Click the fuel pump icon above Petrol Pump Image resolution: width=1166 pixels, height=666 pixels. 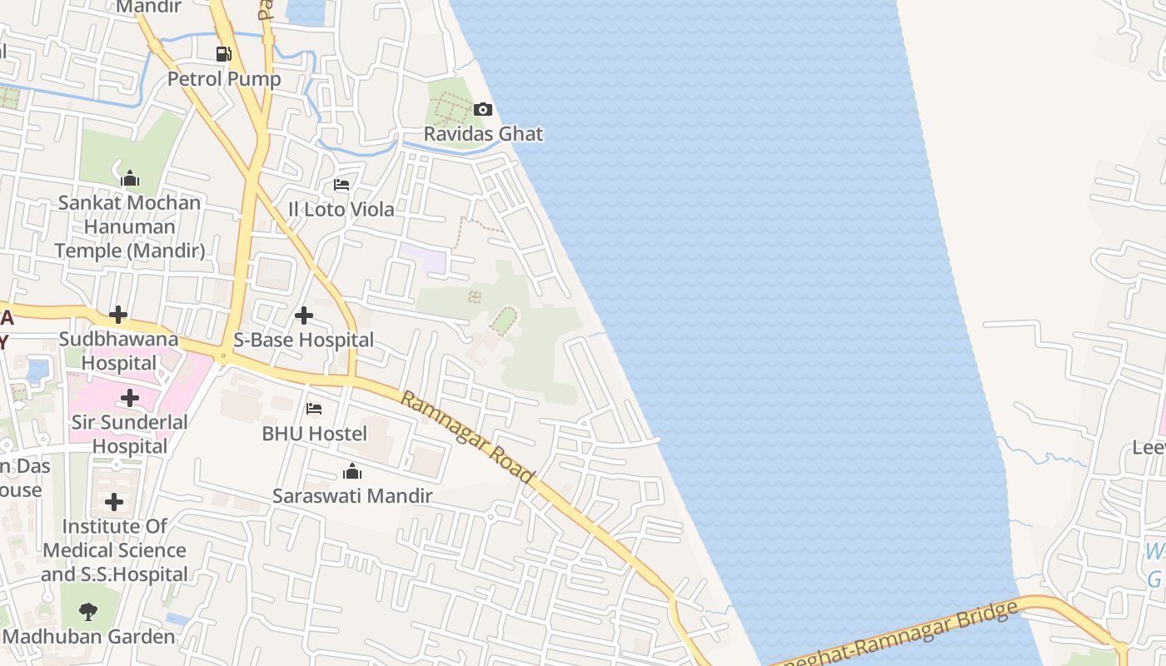click(223, 55)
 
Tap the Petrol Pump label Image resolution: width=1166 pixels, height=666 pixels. click(224, 79)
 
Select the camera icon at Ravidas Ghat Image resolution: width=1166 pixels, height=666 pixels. click(483, 110)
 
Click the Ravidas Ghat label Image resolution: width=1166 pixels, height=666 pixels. click(483, 133)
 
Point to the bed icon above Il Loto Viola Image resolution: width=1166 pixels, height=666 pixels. click(341, 185)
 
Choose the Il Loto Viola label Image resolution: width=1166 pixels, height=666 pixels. click(341, 209)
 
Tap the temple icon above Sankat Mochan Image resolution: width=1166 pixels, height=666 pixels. click(129, 179)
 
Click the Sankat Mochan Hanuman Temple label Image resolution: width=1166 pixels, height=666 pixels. click(129, 226)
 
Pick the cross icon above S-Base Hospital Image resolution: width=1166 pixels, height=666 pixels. click(304, 316)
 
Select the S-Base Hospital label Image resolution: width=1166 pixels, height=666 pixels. click(304, 340)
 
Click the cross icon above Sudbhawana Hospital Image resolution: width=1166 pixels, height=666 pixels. click(118, 316)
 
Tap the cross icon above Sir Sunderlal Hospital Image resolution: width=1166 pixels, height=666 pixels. click(130, 398)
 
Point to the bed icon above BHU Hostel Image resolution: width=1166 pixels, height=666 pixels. click(314, 409)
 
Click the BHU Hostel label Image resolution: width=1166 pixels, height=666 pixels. click(314, 433)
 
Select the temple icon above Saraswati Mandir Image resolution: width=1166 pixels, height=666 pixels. click(352, 472)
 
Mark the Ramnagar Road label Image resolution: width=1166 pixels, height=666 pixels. click(467, 437)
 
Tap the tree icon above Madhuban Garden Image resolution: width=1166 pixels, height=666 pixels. click(88, 613)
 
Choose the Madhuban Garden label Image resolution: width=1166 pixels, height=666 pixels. click(89, 637)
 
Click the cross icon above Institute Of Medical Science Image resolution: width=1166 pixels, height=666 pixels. click(114, 502)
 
